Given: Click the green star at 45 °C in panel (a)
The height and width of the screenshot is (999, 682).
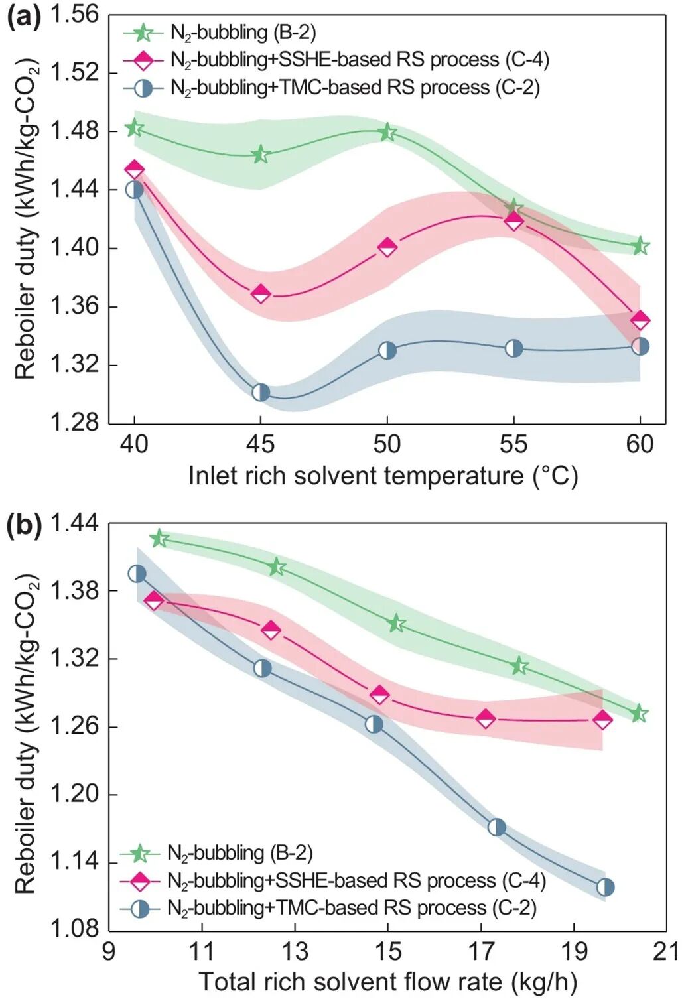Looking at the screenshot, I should tap(261, 155).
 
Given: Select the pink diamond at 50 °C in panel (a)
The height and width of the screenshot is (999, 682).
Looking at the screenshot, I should tap(387, 247).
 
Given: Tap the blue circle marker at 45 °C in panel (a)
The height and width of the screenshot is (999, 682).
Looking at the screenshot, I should tap(261, 392).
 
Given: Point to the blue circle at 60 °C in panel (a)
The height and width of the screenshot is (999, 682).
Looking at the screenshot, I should tap(640, 346).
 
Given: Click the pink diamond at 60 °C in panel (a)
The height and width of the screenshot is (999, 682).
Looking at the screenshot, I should tap(640, 320).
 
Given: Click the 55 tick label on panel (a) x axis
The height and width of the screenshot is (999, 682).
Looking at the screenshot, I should tap(513, 444).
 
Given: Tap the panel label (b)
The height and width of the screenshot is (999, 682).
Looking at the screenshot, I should tap(23, 525).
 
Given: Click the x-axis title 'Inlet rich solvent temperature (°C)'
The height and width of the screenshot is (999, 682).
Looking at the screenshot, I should tap(383, 476).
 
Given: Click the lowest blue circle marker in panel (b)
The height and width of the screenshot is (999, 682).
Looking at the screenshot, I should tap(605, 887).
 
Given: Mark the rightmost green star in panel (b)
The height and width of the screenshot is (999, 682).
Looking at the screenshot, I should tap(639, 714).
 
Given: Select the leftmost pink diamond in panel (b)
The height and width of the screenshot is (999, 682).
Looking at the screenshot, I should tap(154, 601).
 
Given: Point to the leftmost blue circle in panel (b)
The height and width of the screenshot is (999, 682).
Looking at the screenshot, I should tap(137, 574).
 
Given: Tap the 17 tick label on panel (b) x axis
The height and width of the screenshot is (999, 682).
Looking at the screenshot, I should tap(480, 951).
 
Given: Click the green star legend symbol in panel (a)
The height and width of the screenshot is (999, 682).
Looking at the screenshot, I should tap(143, 32).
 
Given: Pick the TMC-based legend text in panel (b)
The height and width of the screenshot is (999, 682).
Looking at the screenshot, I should tap(352, 907).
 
